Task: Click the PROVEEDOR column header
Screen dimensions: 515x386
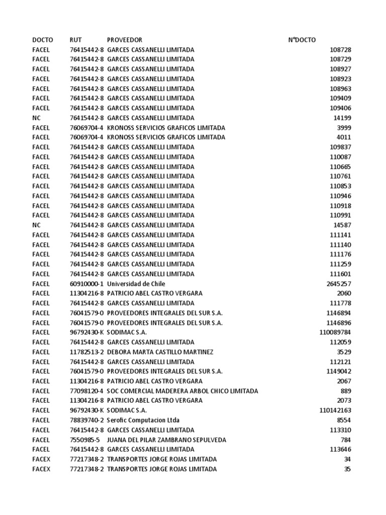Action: [x=125, y=40]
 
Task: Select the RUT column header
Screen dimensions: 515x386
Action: [x=76, y=40]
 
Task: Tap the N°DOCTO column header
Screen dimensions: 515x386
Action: [x=302, y=40]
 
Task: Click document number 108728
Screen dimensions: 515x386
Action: [x=340, y=50]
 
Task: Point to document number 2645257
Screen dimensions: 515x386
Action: [x=339, y=284]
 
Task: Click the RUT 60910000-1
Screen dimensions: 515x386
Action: [x=87, y=284]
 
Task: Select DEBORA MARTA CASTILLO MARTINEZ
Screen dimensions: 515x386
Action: [x=160, y=352]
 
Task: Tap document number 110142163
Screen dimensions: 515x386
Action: [x=335, y=410]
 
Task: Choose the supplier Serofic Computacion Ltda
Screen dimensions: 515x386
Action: [x=143, y=420]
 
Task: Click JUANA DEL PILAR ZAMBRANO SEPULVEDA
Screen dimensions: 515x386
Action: [x=166, y=440]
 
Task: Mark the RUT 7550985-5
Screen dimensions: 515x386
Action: [x=85, y=440]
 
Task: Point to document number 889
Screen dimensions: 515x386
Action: [x=346, y=391]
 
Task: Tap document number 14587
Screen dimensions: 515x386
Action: [x=342, y=225]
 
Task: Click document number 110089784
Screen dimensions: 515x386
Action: [x=335, y=332]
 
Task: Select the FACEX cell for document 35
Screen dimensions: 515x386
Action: [x=41, y=469]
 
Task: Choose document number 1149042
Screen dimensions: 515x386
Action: [x=339, y=371]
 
